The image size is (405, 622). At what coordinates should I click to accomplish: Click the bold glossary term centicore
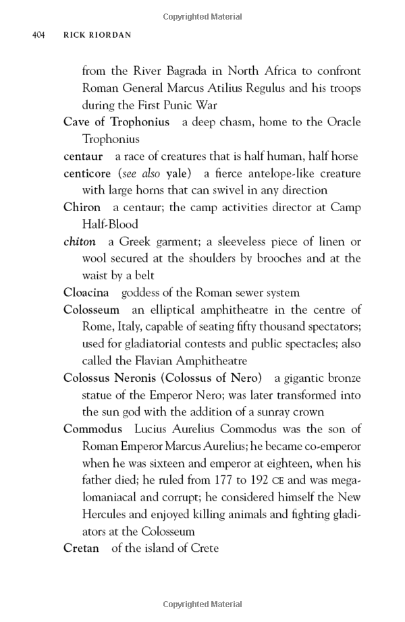pyautogui.click(x=87, y=173)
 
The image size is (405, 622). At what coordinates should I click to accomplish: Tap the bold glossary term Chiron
pyautogui.click(x=82, y=208)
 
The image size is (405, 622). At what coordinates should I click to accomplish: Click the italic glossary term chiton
pyautogui.click(x=79, y=242)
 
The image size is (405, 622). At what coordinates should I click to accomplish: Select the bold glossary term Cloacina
pyautogui.click(x=86, y=293)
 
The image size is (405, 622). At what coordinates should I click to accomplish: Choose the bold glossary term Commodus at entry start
pyautogui.click(x=92, y=429)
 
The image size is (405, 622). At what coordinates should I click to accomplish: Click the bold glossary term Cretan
pyautogui.click(x=81, y=548)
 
